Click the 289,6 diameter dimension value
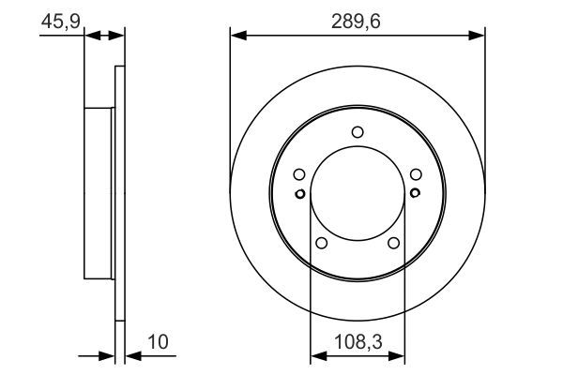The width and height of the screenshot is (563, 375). click(x=358, y=20)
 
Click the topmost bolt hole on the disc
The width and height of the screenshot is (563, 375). click(x=358, y=132)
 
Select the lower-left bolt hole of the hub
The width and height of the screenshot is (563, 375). click(x=321, y=244)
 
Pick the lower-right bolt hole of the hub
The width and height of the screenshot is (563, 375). click(x=394, y=244)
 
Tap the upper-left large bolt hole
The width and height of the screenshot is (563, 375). click(x=298, y=174)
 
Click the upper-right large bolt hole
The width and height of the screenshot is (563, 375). click(x=416, y=174)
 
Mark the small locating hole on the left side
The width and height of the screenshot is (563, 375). click(x=299, y=194)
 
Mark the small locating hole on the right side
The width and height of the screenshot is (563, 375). click(x=415, y=194)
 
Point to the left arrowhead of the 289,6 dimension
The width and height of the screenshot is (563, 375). click(x=237, y=37)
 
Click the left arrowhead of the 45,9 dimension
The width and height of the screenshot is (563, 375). click(x=91, y=37)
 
